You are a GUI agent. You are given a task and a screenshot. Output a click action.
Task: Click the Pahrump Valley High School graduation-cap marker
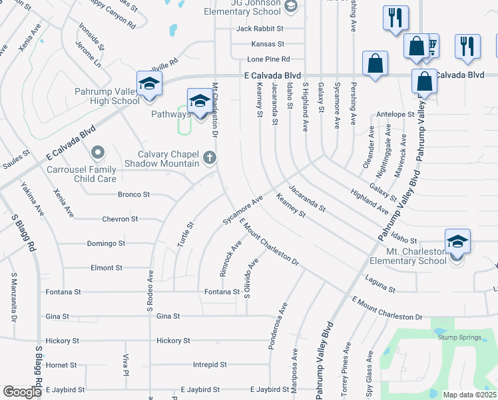149,85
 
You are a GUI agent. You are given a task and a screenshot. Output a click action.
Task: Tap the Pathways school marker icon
199,102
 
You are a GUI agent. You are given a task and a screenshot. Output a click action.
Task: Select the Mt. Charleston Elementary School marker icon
457,243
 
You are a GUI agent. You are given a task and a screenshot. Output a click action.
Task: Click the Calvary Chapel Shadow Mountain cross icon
210,158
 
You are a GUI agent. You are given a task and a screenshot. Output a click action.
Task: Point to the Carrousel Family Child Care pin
99,155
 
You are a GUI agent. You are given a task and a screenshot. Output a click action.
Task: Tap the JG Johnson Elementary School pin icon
290,7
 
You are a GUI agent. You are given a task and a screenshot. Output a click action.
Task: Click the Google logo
23,392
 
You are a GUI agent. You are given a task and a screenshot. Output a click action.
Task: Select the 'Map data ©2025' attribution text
469,395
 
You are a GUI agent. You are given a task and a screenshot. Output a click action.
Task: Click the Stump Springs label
460,337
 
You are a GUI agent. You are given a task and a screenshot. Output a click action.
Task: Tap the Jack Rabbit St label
260,29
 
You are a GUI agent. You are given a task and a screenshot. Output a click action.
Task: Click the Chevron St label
120,219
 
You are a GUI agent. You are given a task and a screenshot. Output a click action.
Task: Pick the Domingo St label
106,243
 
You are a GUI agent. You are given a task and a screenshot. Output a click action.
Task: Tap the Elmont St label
107,267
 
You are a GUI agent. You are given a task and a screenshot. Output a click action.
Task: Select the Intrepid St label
210,365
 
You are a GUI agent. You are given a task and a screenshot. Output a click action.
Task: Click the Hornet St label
62,365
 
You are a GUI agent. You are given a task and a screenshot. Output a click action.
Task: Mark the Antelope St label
395,114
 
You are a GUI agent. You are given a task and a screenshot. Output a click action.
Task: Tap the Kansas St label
268,44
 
